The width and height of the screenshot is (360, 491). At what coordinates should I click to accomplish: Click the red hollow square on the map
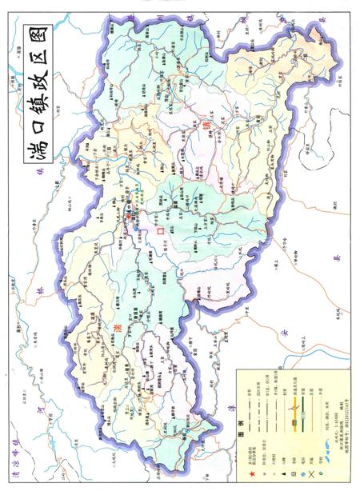pos(160,230)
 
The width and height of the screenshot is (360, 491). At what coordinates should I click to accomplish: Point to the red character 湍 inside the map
pos(118,326)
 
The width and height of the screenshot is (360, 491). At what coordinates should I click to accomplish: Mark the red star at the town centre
pos(126,218)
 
